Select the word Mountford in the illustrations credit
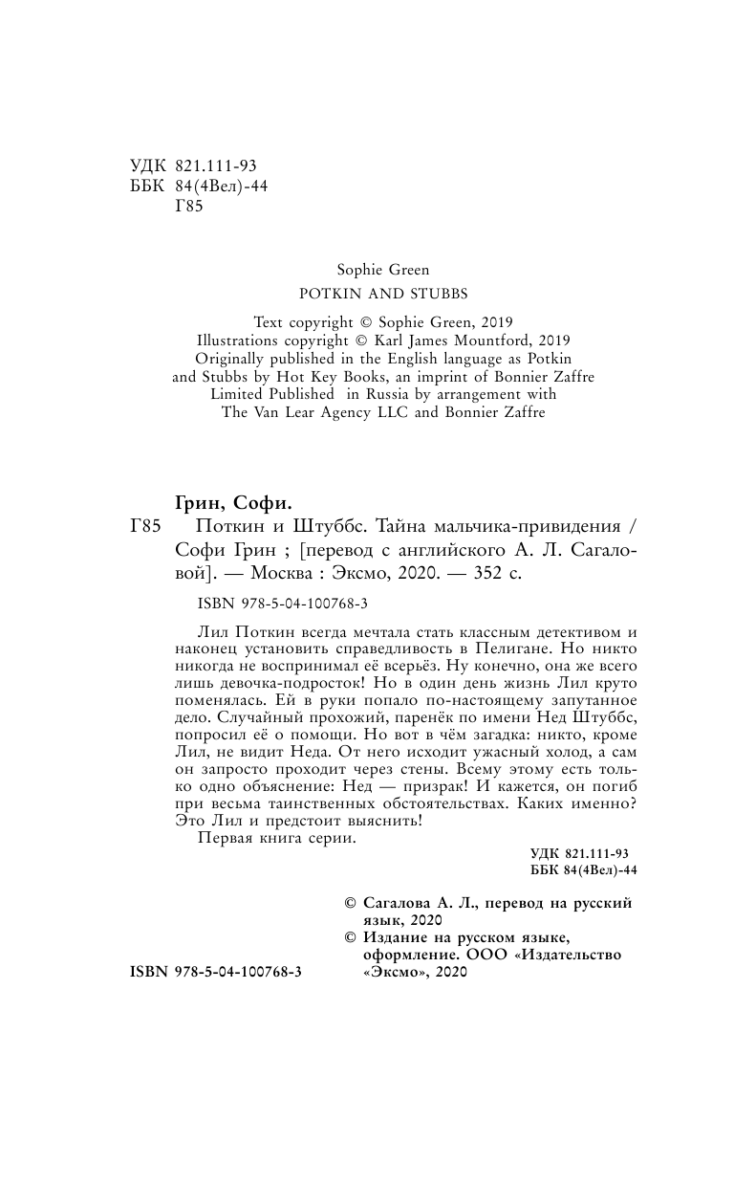[x=476, y=339]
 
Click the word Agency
[x=341, y=412]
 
